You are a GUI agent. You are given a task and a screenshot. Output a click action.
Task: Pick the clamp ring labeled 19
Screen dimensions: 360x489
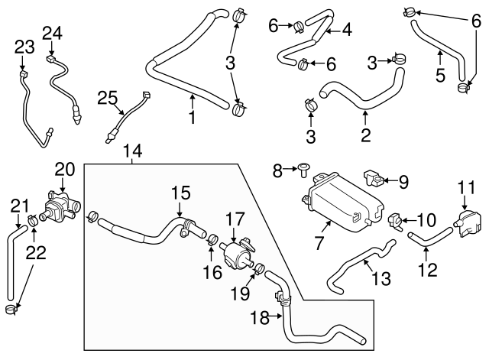tap(259, 269)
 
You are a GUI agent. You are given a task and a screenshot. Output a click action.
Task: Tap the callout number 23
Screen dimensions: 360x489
tap(24, 47)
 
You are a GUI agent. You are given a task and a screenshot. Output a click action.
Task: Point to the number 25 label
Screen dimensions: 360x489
tap(108, 96)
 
